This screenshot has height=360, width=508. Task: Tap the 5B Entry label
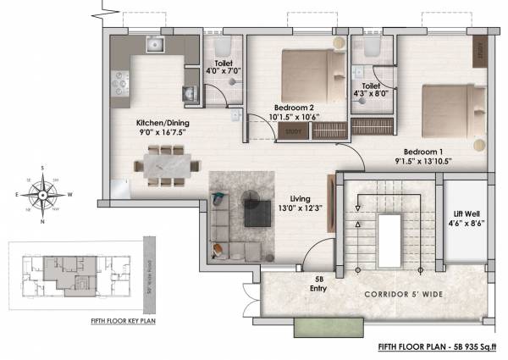pyautogui.click(x=320, y=284)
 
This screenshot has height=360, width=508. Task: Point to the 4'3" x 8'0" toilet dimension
pyautogui.click(x=371, y=96)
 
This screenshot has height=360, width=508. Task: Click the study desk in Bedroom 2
pyautogui.click(x=294, y=131)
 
